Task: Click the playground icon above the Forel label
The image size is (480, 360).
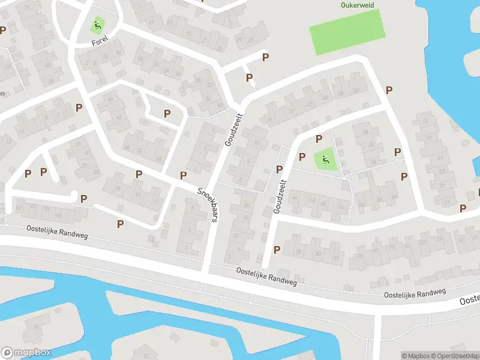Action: [x=96, y=26]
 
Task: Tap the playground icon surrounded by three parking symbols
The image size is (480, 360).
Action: [x=325, y=160]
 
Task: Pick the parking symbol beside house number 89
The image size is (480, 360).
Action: [x=277, y=250]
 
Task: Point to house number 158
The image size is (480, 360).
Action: [x=58, y=214]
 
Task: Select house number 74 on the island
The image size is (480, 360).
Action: [x=36, y=327]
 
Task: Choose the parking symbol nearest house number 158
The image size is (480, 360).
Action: [x=83, y=199]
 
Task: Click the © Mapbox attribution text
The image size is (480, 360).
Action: [x=415, y=356]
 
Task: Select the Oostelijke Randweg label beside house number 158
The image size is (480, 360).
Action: [x=57, y=232]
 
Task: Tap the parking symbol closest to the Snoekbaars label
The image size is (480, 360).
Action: [x=183, y=175]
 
